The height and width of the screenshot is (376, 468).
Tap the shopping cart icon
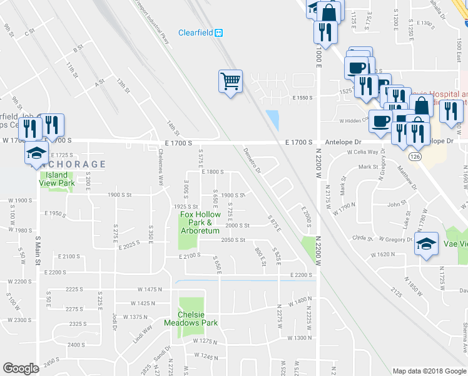(230, 81)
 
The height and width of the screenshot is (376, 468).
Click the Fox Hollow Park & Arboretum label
(201, 222)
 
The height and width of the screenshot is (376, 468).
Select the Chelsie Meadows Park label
(191, 318)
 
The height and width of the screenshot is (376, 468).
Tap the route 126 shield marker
(414, 154)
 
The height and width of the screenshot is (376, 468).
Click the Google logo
(21, 368)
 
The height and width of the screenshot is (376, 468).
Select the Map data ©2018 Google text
(429, 371)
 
